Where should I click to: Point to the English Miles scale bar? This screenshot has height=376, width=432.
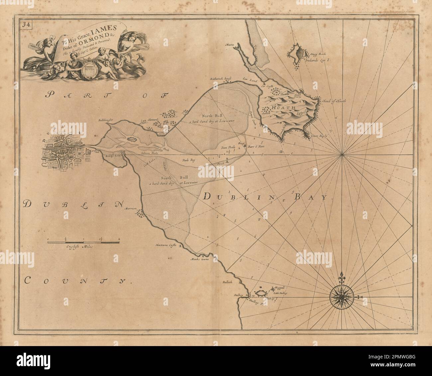[83, 243]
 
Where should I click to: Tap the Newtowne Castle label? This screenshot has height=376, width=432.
[165, 246]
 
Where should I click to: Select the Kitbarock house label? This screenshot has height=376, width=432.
[220, 79]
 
